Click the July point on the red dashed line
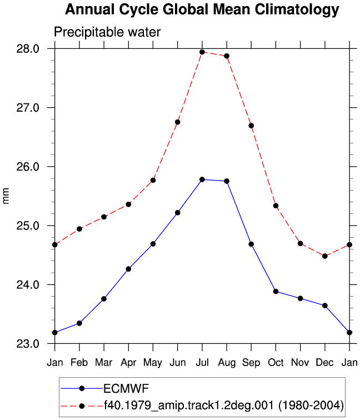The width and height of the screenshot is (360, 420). [x=202, y=52]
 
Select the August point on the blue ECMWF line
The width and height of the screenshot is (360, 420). [x=227, y=181]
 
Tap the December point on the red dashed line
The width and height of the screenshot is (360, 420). [x=325, y=256]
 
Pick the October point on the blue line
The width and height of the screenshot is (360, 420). [x=276, y=292]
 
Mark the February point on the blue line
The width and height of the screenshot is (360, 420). [x=79, y=323]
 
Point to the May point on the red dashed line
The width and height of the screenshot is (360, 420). [x=153, y=180]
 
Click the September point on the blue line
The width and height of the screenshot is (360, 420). [x=251, y=244]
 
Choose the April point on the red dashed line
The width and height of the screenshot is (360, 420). [x=128, y=204]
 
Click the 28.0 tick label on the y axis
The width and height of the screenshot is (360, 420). [x=28, y=49]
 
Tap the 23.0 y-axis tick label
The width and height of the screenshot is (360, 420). [x=28, y=344]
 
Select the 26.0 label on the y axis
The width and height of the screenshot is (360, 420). [x=28, y=167]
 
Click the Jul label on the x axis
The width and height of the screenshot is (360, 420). [x=202, y=362]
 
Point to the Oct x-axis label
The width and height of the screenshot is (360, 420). [x=276, y=362]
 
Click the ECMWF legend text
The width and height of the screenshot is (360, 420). [x=126, y=388]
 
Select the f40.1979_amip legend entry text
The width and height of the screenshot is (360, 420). [x=224, y=405]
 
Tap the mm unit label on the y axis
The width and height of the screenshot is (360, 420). [x=6, y=196]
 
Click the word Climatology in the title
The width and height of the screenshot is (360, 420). [x=297, y=10]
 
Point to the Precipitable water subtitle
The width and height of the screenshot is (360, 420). [x=107, y=32]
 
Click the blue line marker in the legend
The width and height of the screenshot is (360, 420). [x=82, y=388]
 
